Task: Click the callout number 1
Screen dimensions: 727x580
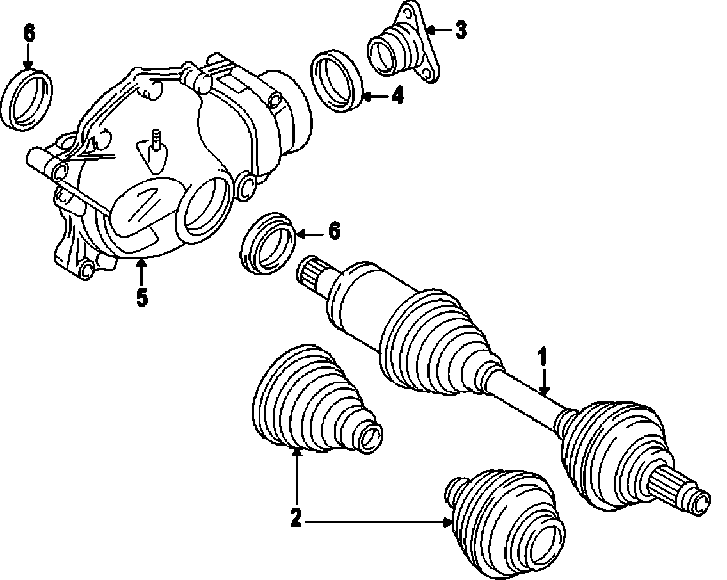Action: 543,357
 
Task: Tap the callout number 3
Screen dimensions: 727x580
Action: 460,29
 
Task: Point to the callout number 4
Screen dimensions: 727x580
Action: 397,96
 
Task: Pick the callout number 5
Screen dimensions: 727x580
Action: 141,297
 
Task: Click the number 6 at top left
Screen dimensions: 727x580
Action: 29,33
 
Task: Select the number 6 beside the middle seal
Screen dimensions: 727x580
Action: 334,230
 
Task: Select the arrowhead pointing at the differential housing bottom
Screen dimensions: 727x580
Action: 141,264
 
